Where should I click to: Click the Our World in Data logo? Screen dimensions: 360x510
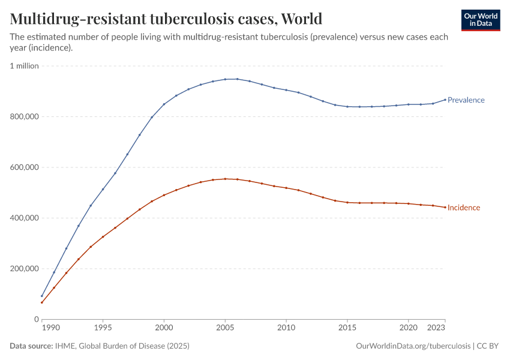tap(480, 20)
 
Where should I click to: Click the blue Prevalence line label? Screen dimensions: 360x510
tap(466, 100)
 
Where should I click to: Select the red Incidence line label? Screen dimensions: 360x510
tap(464, 208)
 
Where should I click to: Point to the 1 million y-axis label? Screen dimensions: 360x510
tap(24, 66)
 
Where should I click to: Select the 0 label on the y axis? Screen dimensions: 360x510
tap(35, 319)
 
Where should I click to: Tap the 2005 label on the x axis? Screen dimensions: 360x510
tap(225, 329)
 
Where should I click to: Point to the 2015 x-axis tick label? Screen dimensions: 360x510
tap(347, 329)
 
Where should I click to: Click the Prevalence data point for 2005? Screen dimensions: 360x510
tap(225, 79)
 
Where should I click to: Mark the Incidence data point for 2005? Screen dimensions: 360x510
tap(225, 179)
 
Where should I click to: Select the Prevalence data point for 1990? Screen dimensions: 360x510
tap(42, 296)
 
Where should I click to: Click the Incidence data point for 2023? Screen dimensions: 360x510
tap(445, 207)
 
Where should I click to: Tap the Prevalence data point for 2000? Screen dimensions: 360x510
tap(164, 104)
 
